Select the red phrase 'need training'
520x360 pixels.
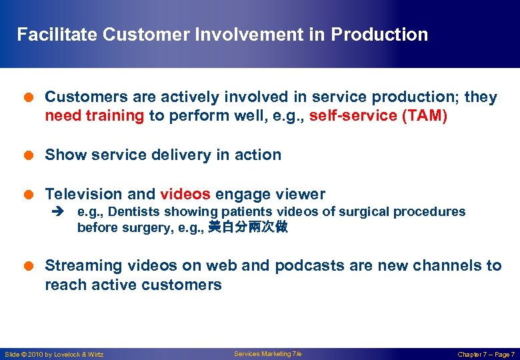point(94,116)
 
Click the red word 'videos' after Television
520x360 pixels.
point(185,195)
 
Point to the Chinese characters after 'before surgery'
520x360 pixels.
point(248,228)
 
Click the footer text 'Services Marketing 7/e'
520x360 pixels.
point(267,354)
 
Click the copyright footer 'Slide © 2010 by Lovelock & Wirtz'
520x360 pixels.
point(54,355)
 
